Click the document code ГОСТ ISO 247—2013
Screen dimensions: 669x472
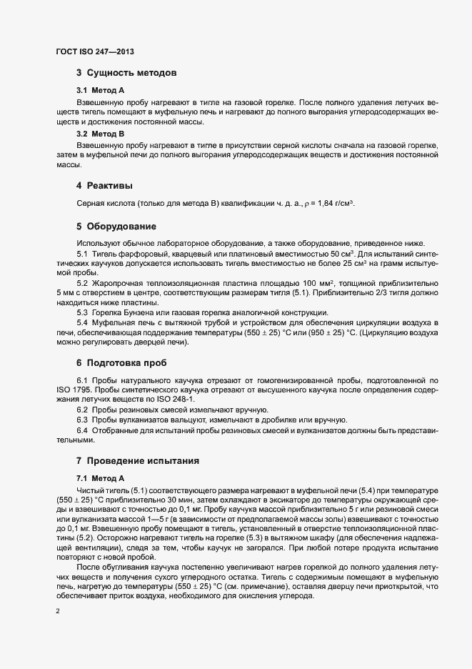[94, 51]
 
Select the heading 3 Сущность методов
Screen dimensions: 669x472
[126, 73]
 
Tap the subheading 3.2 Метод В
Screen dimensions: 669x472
[101, 134]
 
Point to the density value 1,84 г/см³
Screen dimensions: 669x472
[331, 204]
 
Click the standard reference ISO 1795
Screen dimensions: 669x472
[76, 390]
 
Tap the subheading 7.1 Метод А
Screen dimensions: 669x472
[101, 477]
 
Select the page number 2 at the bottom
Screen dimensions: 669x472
[58, 613]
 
